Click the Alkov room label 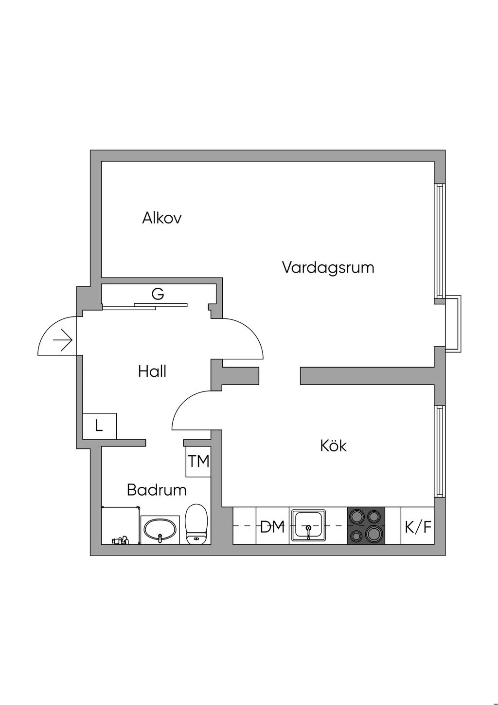(161, 218)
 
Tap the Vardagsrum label (328, 267)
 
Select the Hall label (152, 371)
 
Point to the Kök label (333, 445)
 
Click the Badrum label (157, 489)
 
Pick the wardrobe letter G (158, 294)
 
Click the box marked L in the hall (99, 426)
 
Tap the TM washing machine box (198, 461)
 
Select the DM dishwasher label (272, 526)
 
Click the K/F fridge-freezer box (418, 526)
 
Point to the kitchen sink (308, 525)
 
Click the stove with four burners (366, 526)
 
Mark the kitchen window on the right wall (440, 452)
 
